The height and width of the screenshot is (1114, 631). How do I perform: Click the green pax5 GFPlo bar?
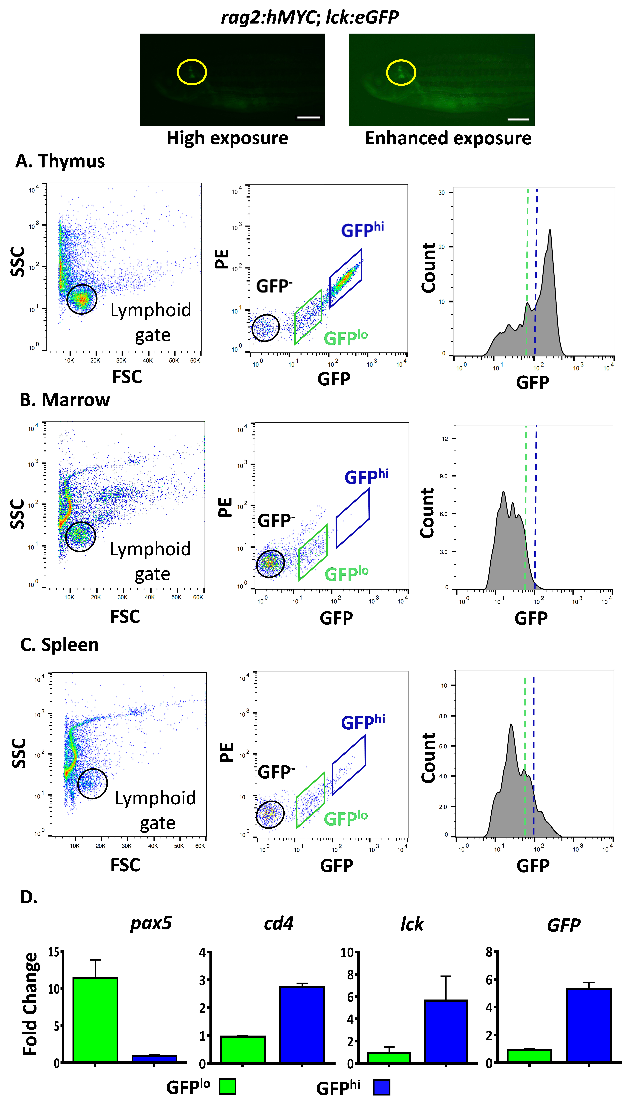tap(95, 1020)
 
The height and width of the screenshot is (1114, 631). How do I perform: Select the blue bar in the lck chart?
tap(446, 1031)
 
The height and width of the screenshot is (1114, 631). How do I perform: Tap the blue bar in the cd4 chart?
tap(302, 1024)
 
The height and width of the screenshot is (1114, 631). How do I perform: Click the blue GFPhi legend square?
tap(381, 1087)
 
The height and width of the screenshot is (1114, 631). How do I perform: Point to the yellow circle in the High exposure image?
tap(192, 72)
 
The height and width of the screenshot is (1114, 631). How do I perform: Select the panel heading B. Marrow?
tap(65, 400)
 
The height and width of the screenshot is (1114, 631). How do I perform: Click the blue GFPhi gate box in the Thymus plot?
tap(345, 278)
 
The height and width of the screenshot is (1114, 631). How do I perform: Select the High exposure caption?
tap(228, 138)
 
